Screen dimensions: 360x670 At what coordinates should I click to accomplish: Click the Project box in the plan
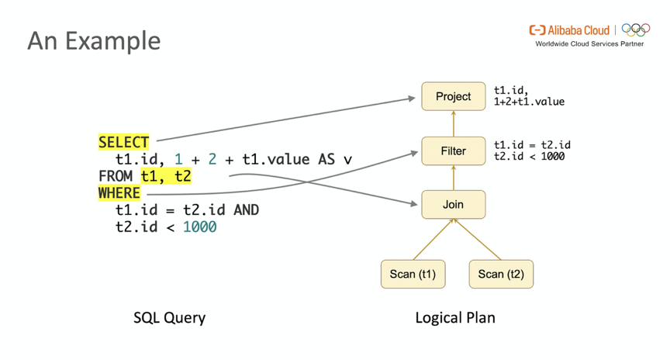click(x=453, y=96)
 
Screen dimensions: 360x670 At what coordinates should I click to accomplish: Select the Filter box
click(x=453, y=151)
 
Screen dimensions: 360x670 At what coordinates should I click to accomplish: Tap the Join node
click(x=453, y=205)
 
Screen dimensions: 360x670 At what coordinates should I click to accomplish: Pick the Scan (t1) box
click(x=413, y=274)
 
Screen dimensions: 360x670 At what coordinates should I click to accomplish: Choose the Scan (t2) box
click(x=501, y=274)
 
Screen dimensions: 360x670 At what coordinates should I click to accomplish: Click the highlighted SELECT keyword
click(x=123, y=143)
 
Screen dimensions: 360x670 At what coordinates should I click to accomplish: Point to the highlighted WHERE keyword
click(x=119, y=193)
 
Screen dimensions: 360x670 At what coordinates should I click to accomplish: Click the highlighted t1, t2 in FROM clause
click(x=165, y=176)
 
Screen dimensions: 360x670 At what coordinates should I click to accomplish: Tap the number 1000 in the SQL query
click(x=199, y=227)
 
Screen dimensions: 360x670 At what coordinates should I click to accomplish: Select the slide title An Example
click(x=94, y=40)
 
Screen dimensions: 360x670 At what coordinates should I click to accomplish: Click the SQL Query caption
click(x=169, y=317)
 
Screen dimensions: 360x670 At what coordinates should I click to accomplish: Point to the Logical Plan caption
click(x=455, y=317)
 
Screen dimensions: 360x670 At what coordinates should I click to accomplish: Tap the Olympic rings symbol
click(x=636, y=30)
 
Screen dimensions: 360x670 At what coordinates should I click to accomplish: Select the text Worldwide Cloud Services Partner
click(x=589, y=44)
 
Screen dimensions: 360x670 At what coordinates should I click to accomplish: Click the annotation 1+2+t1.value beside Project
click(x=529, y=102)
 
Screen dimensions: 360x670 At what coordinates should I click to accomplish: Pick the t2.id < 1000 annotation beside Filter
click(x=529, y=156)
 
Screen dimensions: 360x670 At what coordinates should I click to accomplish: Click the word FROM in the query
click(x=116, y=176)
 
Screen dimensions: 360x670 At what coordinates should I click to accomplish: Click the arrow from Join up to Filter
click(x=454, y=178)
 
